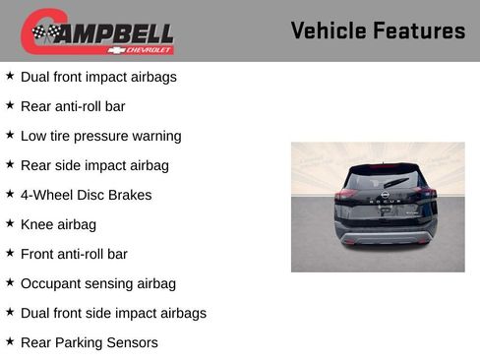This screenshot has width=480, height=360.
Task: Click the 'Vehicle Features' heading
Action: (x=378, y=30)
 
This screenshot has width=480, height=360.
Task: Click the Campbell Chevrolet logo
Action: (x=97, y=31)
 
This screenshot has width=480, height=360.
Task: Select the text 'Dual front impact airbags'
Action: (x=98, y=77)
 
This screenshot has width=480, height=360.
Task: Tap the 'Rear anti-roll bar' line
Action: (x=73, y=106)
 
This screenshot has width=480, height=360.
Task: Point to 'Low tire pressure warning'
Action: (x=100, y=136)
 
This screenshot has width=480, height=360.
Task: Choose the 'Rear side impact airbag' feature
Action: (x=94, y=165)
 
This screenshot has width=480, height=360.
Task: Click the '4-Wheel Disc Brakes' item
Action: (x=86, y=195)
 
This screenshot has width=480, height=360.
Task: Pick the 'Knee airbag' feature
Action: (x=58, y=224)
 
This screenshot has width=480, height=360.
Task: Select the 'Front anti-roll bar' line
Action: (x=74, y=254)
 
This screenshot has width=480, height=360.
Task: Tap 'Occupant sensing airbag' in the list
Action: (x=97, y=283)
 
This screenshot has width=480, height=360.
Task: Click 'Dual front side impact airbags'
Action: (x=113, y=313)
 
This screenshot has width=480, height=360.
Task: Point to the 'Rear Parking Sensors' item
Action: (x=89, y=342)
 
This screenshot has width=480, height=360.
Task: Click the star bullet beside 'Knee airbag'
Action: (x=10, y=223)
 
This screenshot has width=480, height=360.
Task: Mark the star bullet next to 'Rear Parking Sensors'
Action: (x=10, y=341)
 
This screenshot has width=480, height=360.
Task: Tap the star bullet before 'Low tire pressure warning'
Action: (x=10, y=135)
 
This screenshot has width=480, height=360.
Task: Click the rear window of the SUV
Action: (x=385, y=178)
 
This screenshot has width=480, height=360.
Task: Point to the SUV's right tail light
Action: (x=426, y=195)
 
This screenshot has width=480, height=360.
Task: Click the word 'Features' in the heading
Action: (x=419, y=30)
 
